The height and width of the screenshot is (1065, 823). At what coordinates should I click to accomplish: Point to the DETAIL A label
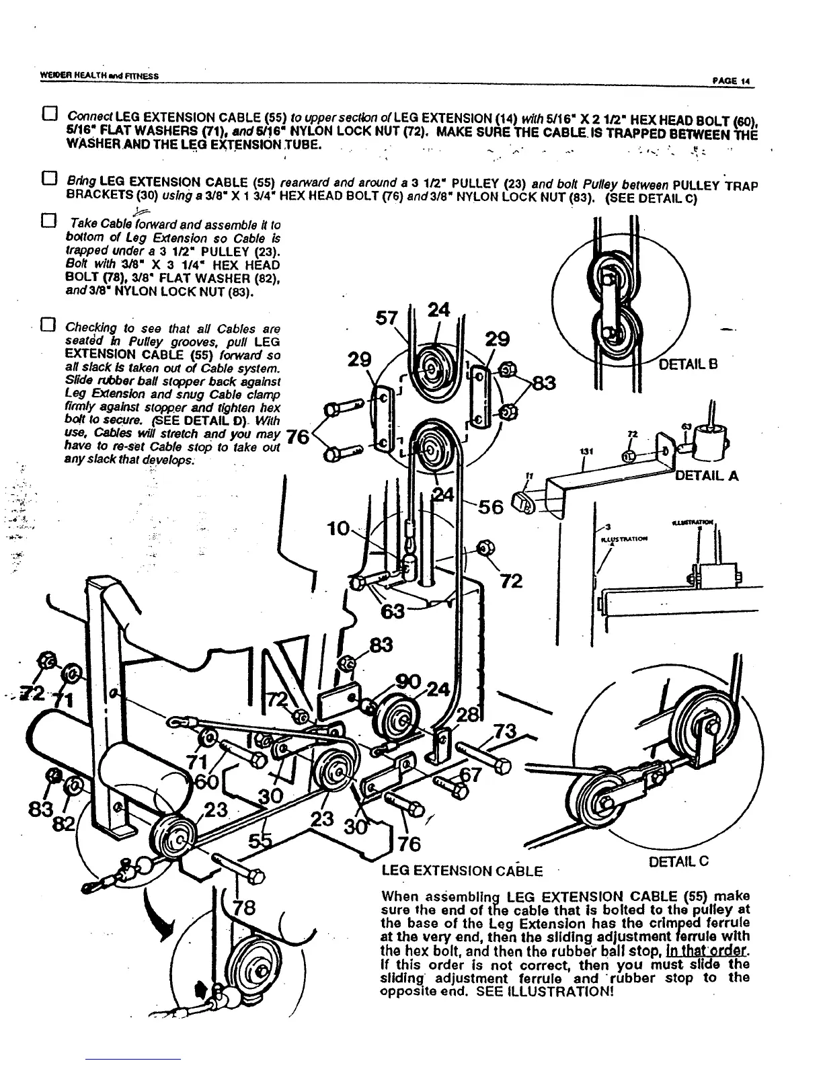707,476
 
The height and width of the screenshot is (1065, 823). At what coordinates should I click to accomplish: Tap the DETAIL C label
679,861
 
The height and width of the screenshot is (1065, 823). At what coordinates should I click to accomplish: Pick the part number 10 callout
336,529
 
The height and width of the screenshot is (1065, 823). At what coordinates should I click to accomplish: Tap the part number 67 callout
471,775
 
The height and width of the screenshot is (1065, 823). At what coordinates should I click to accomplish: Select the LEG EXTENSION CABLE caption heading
461,871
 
